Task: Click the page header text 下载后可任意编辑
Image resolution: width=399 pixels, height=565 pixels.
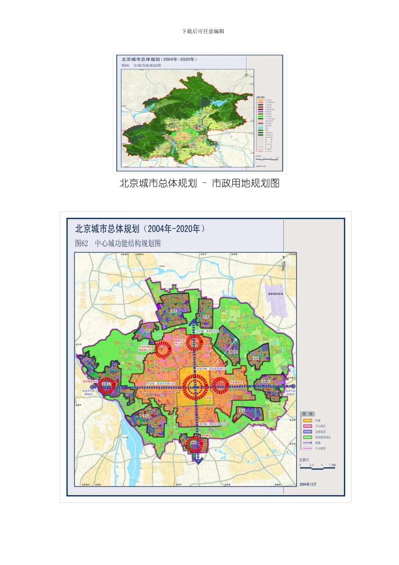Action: (203, 32)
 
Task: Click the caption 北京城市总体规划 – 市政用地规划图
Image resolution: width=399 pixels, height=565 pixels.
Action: (199, 183)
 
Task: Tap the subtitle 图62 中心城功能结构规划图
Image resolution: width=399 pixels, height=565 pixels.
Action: (118, 243)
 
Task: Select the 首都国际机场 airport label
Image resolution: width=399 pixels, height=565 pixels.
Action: (275, 294)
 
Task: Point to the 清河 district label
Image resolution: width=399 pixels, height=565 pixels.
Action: (173, 311)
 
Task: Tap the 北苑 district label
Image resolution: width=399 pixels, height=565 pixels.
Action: (205, 317)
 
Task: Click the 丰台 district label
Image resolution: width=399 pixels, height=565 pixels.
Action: (146, 416)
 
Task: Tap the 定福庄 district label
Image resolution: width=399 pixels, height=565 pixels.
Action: (266, 381)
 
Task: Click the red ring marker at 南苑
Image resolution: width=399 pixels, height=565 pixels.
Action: (194, 443)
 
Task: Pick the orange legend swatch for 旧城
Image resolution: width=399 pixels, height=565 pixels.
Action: (307, 420)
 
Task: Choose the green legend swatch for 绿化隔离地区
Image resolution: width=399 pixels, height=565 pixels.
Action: (307, 437)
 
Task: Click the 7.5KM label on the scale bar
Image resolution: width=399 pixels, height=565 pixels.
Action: (332, 465)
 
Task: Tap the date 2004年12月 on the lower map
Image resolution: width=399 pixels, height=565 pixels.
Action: (308, 484)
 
